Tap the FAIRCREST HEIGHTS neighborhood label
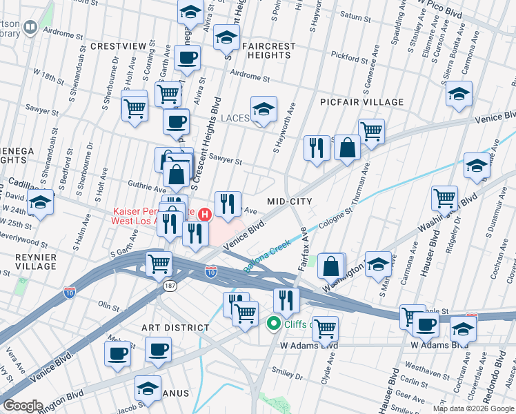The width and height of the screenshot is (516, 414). click(268, 51)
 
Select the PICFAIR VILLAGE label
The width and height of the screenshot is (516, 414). click(362, 102)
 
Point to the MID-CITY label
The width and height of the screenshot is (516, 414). click(290, 201)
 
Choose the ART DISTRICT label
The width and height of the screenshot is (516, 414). click(175, 328)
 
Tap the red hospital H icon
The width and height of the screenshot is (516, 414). click(204, 215)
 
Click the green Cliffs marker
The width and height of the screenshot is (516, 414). click(274, 322)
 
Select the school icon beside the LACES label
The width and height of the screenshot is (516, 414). click(263, 110)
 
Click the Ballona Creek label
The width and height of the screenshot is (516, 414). click(267, 255)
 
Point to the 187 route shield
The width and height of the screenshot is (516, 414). click(169, 284)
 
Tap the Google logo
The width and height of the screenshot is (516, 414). click(23, 405)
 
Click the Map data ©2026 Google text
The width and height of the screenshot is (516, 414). click(473, 408)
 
